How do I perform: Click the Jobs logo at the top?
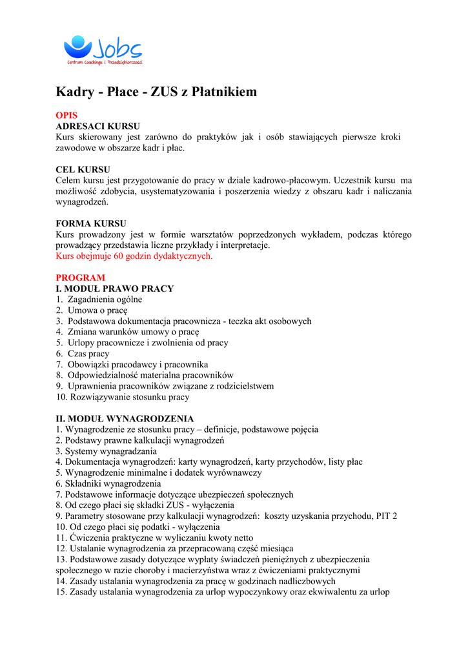pyautogui.click(x=103, y=50)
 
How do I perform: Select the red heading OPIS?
pyautogui.click(x=66, y=116)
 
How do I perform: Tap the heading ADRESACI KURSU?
pyautogui.click(x=97, y=127)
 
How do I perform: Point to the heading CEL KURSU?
pyautogui.click(x=83, y=170)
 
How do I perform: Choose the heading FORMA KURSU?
pyautogui.click(x=91, y=224)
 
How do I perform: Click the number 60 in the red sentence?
pyautogui.click(x=119, y=256)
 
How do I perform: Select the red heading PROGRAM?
pyautogui.click(x=80, y=278)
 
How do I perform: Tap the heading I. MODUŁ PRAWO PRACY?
pyautogui.click(x=114, y=289)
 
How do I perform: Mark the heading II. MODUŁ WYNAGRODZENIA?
pyautogui.click(x=125, y=419)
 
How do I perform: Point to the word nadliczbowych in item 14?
pyautogui.click(x=309, y=581)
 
